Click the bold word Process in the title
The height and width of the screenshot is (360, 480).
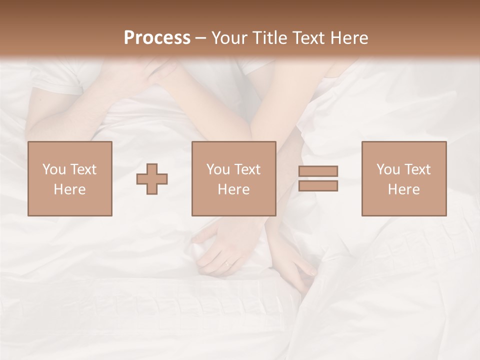(157, 38)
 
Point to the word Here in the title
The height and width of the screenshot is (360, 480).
(348, 38)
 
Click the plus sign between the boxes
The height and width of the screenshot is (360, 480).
(152, 178)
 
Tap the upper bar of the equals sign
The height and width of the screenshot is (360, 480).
(318, 171)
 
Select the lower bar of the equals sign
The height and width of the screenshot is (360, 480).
(318, 185)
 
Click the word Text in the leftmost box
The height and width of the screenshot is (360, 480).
(82, 169)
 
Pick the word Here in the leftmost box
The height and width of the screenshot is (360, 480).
(69, 189)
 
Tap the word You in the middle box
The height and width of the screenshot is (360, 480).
(218, 169)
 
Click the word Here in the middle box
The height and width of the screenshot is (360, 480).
(233, 189)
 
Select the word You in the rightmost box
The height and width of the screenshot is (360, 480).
(388, 169)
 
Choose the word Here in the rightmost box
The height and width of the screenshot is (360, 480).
(403, 189)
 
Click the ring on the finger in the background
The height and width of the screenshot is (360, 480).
(227, 263)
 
